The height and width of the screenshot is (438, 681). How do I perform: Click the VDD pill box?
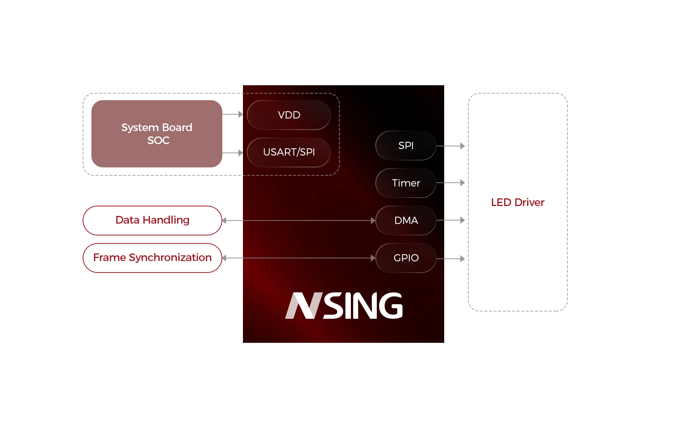point(289,115)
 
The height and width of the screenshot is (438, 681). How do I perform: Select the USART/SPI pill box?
point(289,152)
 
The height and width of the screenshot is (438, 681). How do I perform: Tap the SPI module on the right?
point(406,146)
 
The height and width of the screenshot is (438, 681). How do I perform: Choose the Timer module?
point(406,183)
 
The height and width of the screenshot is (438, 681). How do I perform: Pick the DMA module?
point(406,221)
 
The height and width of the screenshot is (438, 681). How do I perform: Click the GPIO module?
point(406,258)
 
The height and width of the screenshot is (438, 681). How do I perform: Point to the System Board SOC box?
point(156,133)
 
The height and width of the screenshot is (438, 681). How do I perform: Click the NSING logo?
point(344,305)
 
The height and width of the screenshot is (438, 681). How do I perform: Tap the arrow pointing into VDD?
point(233,114)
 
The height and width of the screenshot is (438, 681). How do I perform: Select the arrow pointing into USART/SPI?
point(233,153)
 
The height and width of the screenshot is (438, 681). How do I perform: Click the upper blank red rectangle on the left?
point(152,220)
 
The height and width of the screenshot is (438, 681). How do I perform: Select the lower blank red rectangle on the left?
point(152,258)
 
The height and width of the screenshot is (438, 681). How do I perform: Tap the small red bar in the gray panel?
point(518,202)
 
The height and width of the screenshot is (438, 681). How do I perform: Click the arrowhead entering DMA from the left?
point(373,221)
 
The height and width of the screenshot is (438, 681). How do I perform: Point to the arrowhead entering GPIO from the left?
point(373,258)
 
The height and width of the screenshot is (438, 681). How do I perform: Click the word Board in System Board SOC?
point(177,127)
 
